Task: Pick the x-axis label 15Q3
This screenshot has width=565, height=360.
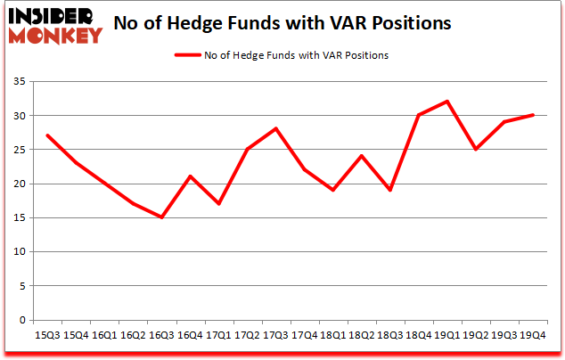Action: pos(47,335)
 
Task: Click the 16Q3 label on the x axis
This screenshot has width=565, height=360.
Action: pos(161,335)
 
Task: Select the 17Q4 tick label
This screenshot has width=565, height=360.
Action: pos(305,335)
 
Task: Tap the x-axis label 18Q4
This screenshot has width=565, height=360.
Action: pos(419,335)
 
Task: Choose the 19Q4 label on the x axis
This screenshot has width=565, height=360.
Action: pos(533,335)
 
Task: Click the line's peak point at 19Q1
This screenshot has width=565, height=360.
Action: pos(447,102)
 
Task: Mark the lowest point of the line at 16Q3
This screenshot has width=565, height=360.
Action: pos(161,217)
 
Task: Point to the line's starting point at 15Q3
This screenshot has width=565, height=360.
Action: pos(47,135)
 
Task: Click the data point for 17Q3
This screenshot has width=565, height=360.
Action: pos(276,128)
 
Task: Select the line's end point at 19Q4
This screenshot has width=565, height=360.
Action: pos(533,115)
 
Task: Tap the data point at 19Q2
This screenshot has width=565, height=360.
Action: pos(476,150)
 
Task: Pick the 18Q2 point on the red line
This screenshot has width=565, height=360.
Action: pos(362,156)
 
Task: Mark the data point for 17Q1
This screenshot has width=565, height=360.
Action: pos(218,204)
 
